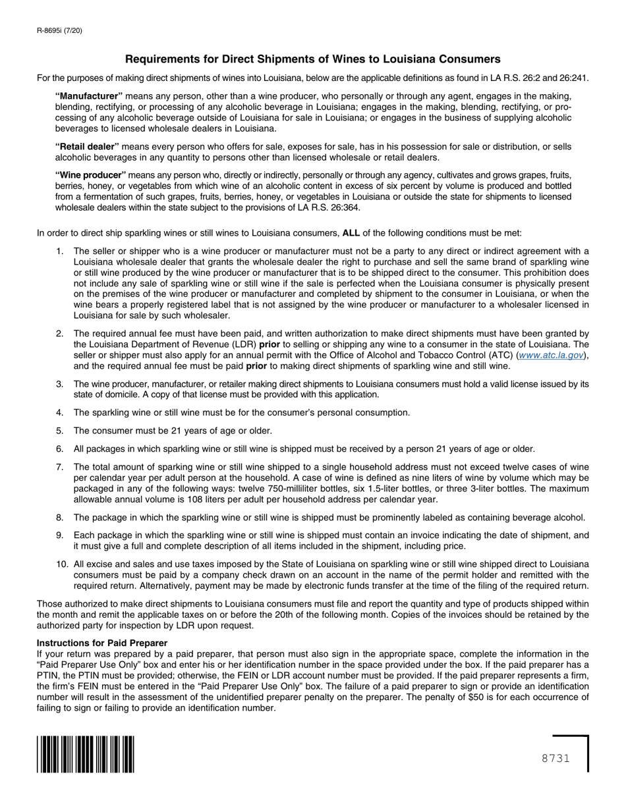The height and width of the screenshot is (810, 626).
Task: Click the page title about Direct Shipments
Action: [312, 59]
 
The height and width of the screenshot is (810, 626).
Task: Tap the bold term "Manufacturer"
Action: [89, 96]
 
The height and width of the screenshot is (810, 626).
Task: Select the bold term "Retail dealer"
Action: [87, 146]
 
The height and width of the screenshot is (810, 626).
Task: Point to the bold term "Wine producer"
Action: [90, 175]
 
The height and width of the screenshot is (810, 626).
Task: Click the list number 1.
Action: [60, 251]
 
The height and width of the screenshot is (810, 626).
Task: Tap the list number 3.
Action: [60, 384]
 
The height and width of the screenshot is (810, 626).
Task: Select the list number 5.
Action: [60, 431]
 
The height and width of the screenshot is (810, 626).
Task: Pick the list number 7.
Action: [60, 467]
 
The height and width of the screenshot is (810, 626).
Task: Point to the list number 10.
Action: [62, 564]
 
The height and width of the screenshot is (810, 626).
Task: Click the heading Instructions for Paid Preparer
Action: [102, 643]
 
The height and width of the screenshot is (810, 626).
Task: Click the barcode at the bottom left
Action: [86, 754]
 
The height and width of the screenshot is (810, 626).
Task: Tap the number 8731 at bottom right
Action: [555, 759]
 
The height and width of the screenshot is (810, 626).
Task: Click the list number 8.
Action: [60, 518]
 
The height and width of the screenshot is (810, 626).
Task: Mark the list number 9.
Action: [60, 535]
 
